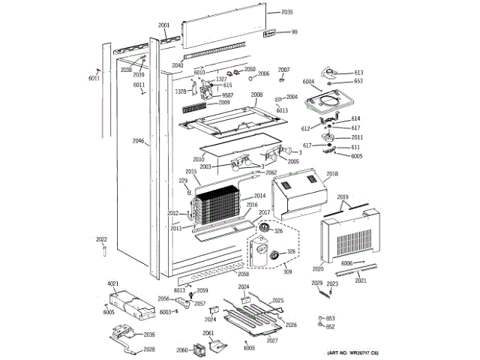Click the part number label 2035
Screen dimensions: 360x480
coord(288,13)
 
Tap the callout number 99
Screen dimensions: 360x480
coord(294,31)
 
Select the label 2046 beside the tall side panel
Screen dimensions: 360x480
coord(138,141)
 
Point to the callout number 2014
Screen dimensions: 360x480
coord(259,196)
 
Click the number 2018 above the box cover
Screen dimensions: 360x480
coord(332,173)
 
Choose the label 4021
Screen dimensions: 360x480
coord(113,283)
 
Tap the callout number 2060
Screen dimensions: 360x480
coord(182,349)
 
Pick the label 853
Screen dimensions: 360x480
coord(330,319)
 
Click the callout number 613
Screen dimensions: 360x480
coord(358,72)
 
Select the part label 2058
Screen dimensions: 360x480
coord(243,274)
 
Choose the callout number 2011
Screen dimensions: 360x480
coord(356,137)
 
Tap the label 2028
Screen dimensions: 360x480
coord(149,349)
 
